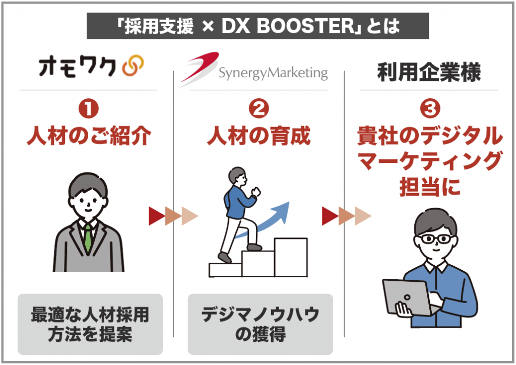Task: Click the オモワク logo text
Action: [78, 67]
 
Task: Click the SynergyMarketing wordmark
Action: [273, 73]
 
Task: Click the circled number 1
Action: [89, 109]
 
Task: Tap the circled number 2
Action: [259, 109]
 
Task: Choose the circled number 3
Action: [430, 109]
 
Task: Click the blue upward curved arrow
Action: [263, 220]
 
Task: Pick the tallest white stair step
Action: [291, 258]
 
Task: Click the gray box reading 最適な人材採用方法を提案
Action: [90, 324]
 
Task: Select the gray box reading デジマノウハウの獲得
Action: [261, 324]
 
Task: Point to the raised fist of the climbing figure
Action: [255, 192]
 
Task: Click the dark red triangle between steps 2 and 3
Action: [330, 216]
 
